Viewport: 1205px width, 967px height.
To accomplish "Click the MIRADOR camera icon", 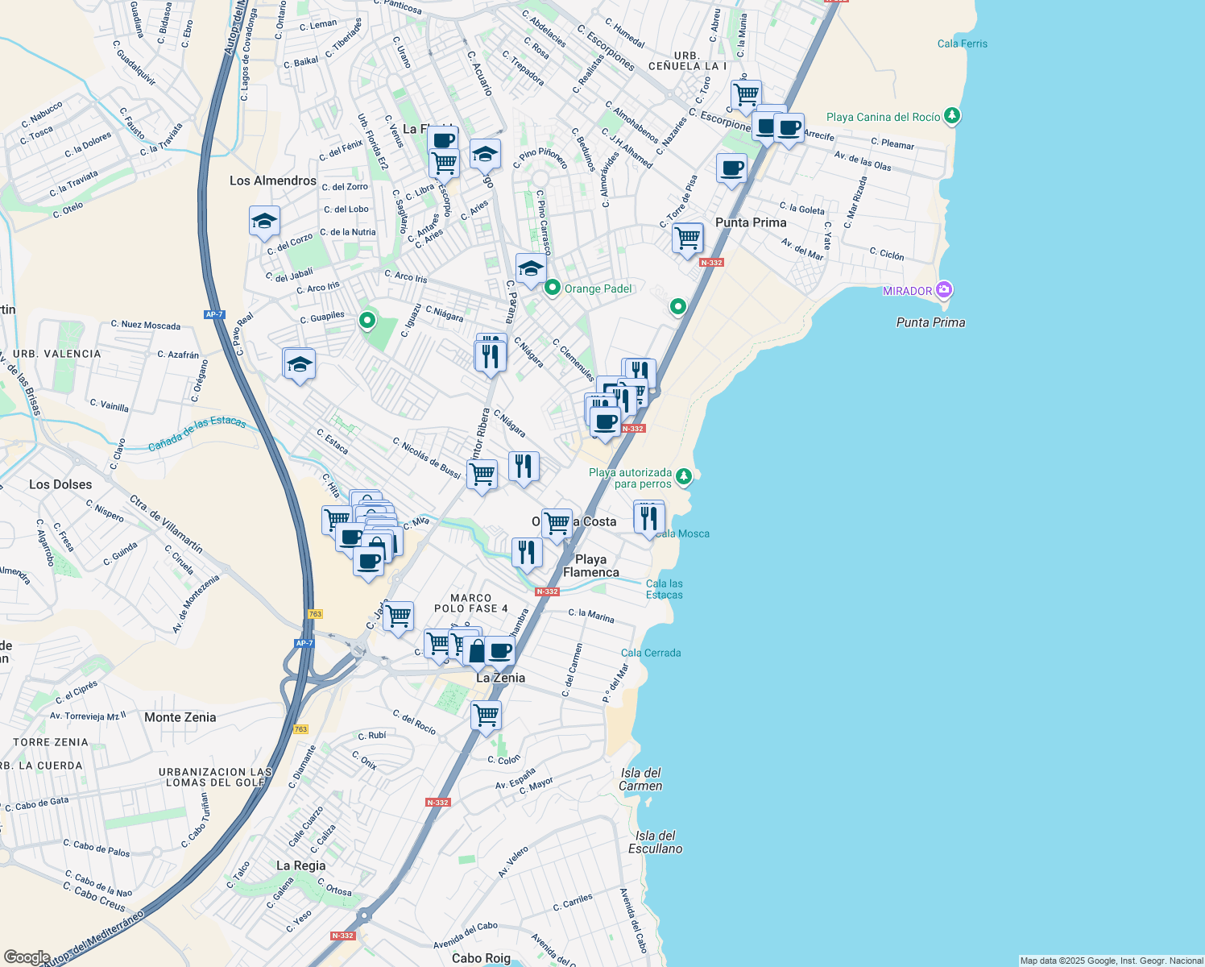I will click(944, 290).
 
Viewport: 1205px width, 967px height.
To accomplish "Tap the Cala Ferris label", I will click(962, 44).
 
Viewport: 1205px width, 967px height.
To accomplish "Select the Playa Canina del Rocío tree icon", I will click(952, 116).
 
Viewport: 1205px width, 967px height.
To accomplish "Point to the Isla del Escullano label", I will click(655, 842).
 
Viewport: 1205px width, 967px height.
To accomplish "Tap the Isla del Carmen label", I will click(640, 779).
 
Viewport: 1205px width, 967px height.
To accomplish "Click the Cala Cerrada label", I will click(650, 653).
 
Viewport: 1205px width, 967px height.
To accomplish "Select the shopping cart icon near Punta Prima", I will click(687, 238).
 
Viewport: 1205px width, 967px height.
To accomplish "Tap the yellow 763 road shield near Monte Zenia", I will click(300, 729).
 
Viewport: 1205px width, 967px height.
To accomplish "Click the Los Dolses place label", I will click(60, 484).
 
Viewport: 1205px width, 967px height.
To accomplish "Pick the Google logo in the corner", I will click(27, 957).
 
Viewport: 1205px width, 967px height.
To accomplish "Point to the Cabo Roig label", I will click(481, 958).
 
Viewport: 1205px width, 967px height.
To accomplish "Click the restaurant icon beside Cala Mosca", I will click(648, 517).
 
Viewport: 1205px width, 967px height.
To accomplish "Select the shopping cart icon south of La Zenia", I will click(486, 715).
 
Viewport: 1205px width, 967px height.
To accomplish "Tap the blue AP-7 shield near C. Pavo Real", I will click(214, 314).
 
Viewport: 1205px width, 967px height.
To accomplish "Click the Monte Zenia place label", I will click(180, 717).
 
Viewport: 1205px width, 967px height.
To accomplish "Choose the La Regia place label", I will click(300, 865).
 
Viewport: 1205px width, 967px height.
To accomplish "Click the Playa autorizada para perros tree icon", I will click(683, 476).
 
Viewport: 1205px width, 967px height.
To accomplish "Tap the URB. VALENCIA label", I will click(56, 354).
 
